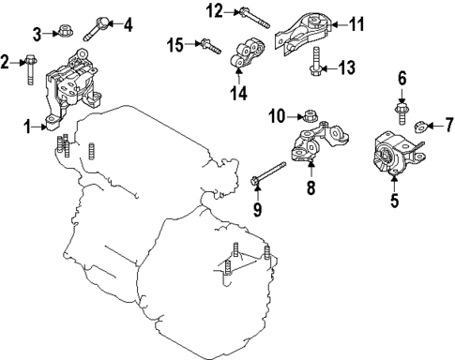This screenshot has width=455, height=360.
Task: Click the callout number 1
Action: coord(28,127)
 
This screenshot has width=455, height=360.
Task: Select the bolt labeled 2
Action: coord(30,69)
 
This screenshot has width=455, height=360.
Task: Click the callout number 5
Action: coord(395,200)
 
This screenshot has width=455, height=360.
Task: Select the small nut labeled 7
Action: coord(420,127)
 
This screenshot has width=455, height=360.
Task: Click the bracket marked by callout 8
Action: coord(320,142)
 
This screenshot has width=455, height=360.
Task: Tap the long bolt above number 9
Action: coord(268,172)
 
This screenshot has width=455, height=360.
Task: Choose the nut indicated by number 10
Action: coord(311,115)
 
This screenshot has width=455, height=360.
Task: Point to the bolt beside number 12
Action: coord(254,19)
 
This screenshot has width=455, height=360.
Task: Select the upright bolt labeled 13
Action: coord(315,61)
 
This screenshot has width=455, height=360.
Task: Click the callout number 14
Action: coord(239,93)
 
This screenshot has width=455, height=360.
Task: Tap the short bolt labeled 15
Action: coord(211,46)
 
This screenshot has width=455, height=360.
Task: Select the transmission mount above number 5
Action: coord(400,155)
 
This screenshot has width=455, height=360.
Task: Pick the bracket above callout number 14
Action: coord(248,53)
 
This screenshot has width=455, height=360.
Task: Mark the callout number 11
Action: coord(356,24)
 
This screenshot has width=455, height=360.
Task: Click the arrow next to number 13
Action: coord(329,68)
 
